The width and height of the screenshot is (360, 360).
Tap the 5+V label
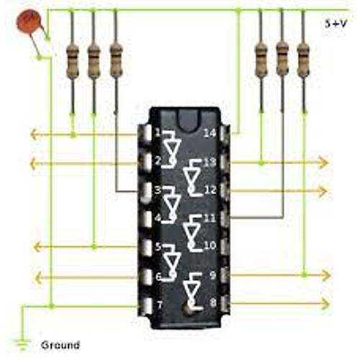pyautogui.click(x=336, y=24)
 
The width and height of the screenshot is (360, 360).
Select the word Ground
pyautogui.click(x=60, y=345)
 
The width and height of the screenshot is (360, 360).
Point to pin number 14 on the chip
pyautogui.click(x=210, y=133)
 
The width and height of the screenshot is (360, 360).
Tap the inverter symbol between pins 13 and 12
pyautogui.click(x=192, y=176)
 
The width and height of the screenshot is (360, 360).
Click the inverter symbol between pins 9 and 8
pyautogui.click(x=192, y=290)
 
